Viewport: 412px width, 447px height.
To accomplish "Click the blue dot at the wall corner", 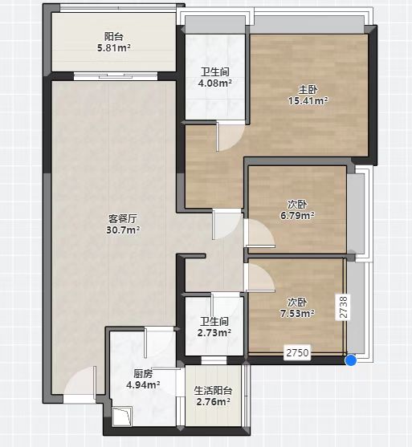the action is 351,360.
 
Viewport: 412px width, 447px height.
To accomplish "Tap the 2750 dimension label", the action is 297,352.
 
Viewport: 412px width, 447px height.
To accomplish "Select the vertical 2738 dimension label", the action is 344,307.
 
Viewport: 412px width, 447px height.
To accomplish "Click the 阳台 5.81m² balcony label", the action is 113,43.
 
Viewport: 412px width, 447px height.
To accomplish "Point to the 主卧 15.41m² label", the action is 308,95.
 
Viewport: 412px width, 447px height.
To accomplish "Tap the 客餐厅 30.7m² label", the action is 123,224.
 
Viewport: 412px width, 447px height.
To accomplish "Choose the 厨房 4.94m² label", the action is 143,379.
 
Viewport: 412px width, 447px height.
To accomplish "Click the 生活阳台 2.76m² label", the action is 213,396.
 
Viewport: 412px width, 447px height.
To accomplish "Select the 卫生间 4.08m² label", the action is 215,77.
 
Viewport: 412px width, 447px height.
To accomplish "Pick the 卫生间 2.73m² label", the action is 214,327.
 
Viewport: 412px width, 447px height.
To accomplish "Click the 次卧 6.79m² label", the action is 297,209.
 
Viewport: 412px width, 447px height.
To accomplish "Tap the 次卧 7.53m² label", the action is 297,307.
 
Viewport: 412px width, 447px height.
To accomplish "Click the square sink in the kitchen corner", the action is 122,416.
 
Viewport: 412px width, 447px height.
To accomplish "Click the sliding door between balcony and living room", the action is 116,76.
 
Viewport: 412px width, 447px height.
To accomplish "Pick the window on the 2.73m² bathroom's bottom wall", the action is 214,360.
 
